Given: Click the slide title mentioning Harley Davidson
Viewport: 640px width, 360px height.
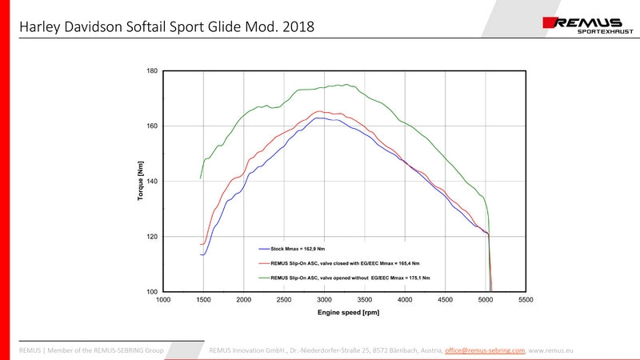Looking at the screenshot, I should [166, 27].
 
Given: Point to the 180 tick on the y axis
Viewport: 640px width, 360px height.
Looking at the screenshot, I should [152, 71].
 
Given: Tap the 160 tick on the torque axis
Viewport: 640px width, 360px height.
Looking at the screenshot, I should [152, 126].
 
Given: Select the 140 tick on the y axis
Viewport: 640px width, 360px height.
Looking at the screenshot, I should [152, 182].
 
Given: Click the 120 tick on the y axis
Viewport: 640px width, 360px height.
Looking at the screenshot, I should [152, 237].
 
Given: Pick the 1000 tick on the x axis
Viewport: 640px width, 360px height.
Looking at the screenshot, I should [163, 300].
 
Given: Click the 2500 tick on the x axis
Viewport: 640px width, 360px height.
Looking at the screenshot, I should [284, 300].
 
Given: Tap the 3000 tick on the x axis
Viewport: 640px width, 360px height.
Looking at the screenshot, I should [324, 300].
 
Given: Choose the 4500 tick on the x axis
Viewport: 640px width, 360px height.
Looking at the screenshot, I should [445, 300].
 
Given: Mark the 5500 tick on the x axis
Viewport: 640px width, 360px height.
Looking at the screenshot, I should [525, 300].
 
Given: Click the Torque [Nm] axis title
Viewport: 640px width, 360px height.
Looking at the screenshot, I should [141, 181].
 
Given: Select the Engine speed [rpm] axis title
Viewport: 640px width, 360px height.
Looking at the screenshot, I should [344, 312].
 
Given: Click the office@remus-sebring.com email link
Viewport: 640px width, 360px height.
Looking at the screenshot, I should [485, 350].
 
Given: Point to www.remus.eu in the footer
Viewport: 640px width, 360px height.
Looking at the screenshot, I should [551, 350].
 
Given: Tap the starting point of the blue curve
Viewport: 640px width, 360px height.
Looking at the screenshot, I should [200, 254].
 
